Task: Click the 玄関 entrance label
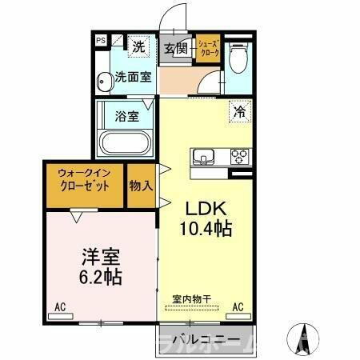pos(176,49)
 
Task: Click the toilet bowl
pos(238,58)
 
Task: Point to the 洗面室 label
pos(133,78)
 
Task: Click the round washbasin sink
pos(103,80)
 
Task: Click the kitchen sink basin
pos(201,156)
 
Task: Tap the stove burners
pos(239,156)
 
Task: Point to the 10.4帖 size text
pos(205,230)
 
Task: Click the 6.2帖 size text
pos(100,278)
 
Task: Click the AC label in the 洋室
pos(59,306)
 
